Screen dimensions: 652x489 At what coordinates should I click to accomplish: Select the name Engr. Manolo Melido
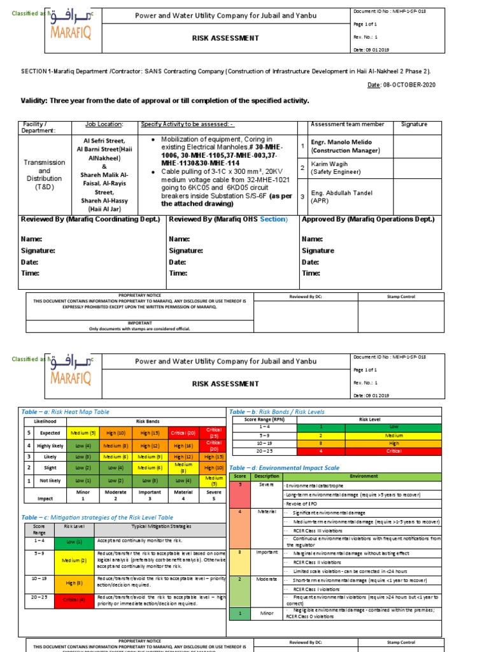pos(341,142)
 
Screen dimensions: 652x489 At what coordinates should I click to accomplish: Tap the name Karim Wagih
pos(329,164)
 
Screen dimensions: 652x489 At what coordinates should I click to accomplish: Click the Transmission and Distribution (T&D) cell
pos(44,175)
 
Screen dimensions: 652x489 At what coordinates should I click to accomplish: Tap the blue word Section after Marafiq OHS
pos(273,220)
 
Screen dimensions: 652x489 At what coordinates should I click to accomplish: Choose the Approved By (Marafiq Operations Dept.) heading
pos(368,220)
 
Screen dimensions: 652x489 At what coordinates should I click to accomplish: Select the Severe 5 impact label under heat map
pos(213,495)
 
